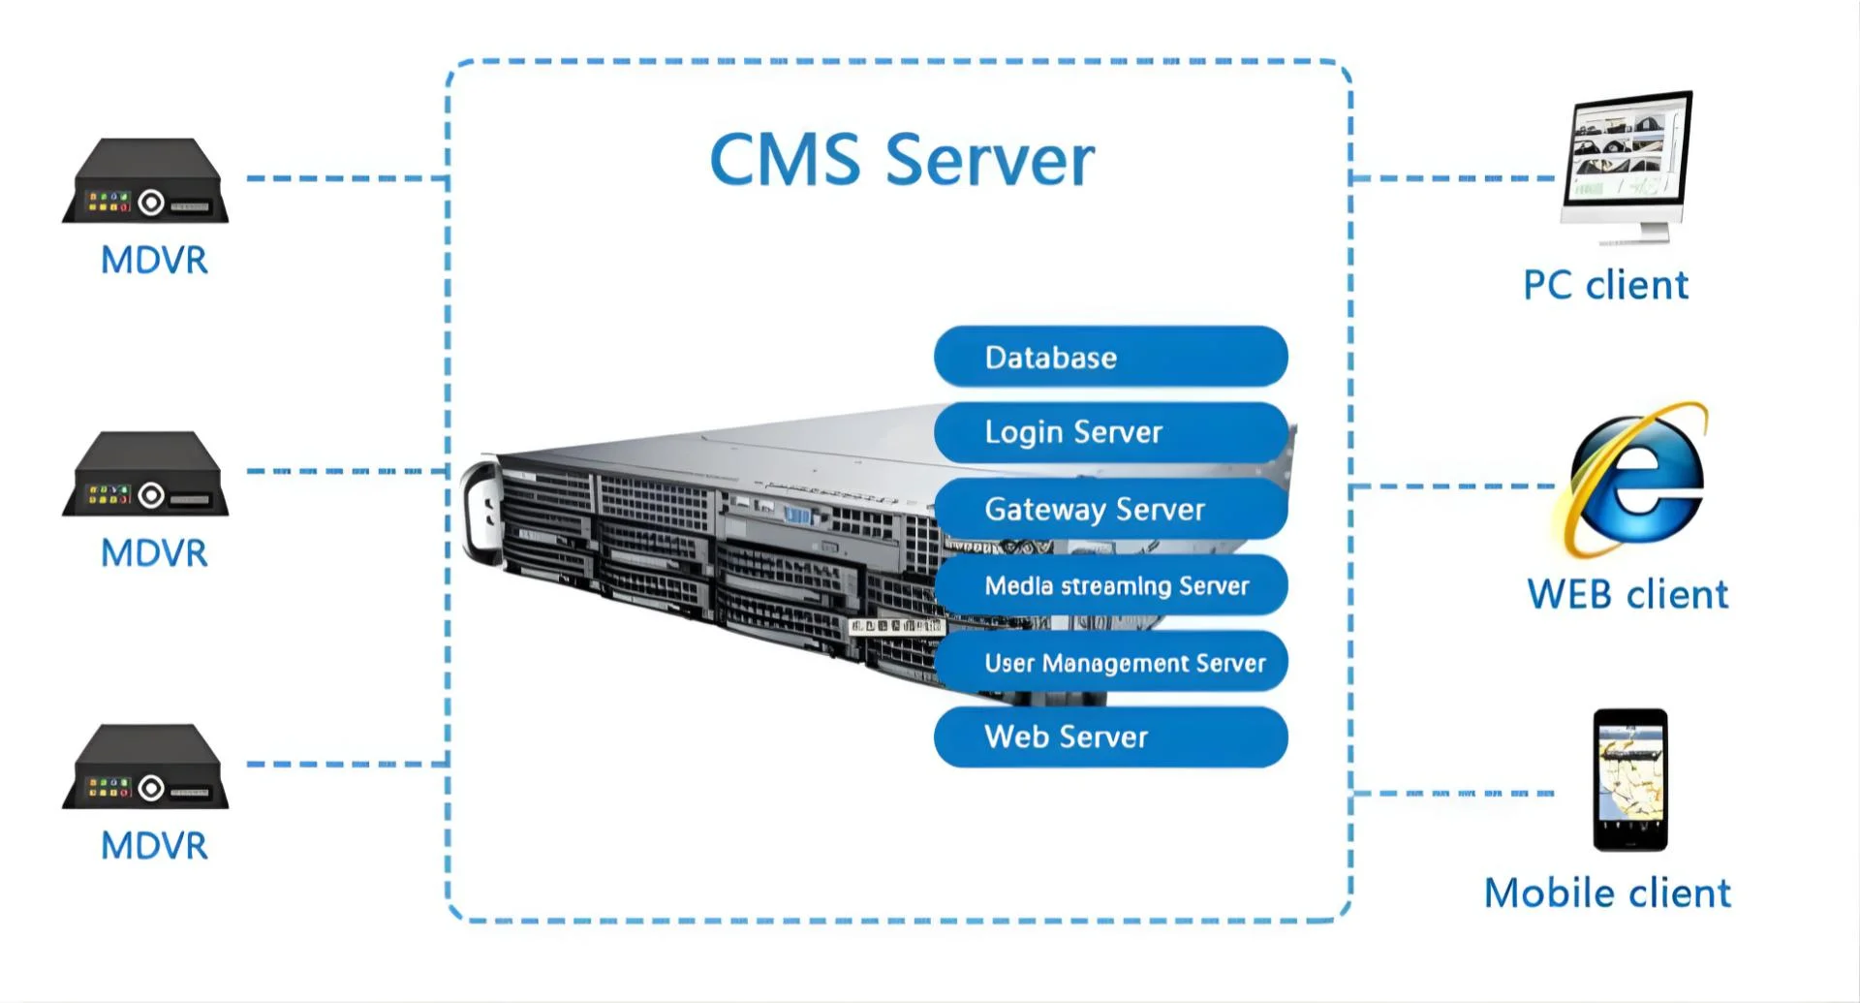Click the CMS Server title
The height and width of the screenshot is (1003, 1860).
902,160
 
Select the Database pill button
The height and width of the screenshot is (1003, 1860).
1110,357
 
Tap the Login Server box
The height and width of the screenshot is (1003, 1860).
1110,432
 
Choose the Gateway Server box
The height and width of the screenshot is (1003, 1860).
1110,509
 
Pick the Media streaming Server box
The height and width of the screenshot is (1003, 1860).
1110,585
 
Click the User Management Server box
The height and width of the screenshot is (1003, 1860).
1110,662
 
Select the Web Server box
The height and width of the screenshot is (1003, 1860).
1110,737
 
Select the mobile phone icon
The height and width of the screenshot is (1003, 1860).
1630,779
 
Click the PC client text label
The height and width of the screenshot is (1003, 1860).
1605,285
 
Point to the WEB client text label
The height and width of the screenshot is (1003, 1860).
1627,594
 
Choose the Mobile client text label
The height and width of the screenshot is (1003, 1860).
1607,893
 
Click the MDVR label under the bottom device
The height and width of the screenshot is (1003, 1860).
154,846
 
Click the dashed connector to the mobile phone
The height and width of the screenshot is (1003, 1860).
1453,793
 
